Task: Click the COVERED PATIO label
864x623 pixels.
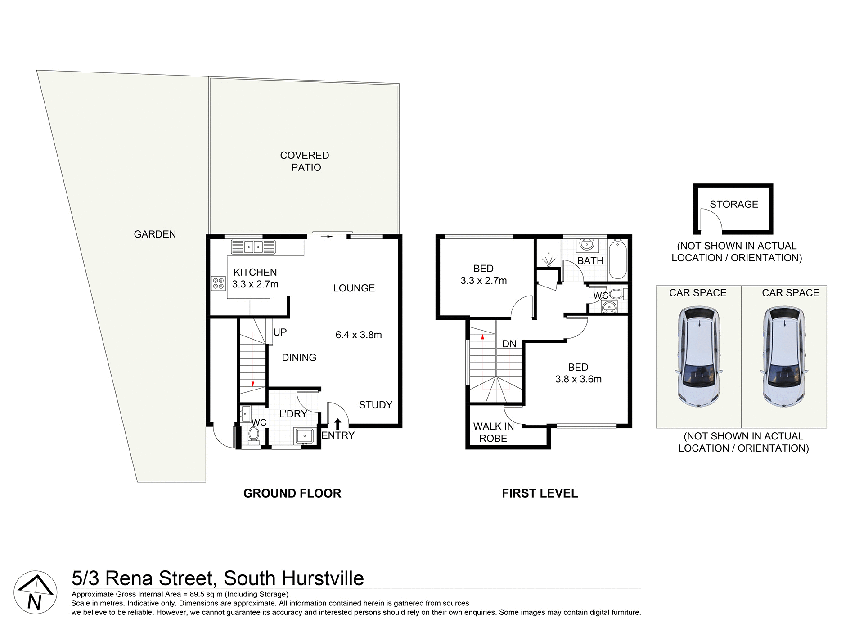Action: pos(305,161)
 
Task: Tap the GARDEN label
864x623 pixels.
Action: pos(155,234)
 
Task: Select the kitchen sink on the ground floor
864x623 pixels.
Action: pos(253,247)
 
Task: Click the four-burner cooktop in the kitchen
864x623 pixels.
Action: pos(218,283)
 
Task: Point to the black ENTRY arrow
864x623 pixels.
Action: pos(337,424)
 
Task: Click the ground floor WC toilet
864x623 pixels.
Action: pos(254,435)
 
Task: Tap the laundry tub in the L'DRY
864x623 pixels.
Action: pos(304,436)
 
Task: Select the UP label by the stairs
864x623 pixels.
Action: pos(280,332)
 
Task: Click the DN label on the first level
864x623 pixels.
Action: pos(509,344)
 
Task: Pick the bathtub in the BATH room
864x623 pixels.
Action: pos(617,260)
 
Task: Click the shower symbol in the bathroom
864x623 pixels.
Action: pos(548,260)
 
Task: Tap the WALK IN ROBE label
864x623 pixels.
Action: pos(493,432)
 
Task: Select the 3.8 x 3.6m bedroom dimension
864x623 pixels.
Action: pos(578,379)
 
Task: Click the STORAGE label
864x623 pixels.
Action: pos(733,204)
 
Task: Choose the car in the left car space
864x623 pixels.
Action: pos(698,356)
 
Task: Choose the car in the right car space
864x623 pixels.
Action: pos(783,356)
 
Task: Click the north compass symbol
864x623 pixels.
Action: pos(35,592)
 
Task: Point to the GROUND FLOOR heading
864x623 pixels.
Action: pos(292,493)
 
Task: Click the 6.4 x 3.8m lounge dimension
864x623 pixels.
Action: pos(358,335)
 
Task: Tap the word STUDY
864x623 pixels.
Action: pos(375,405)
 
